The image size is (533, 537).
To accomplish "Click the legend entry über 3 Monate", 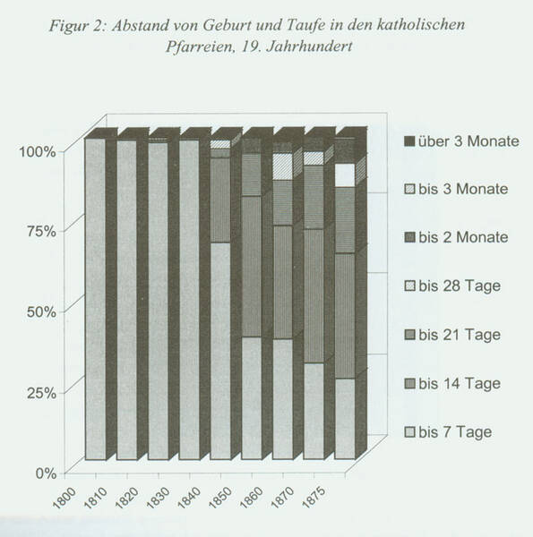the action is click(x=461, y=141).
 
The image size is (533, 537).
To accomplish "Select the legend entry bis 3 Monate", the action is click(x=456, y=189).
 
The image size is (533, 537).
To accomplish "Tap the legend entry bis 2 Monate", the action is click(x=456, y=237).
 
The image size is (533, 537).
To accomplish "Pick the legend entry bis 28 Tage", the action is click(x=452, y=286).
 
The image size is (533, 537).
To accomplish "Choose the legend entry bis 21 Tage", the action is click(x=452, y=335).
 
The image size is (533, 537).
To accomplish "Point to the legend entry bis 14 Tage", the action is click(x=452, y=384).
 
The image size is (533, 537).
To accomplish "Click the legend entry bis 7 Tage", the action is click(x=448, y=432).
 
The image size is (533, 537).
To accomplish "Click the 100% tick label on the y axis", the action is click(x=37, y=151).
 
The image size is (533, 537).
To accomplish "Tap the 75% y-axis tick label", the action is click(x=41, y=232).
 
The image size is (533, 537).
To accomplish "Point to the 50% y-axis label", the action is click(x=41, y=312).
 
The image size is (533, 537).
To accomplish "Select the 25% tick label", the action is click(x=41, y=393).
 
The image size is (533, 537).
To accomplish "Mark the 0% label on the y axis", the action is click(x=46, y=473).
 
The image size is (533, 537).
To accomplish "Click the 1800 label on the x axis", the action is click(x=64, y=498).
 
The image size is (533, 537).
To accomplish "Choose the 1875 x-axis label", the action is click(x=314, y=498).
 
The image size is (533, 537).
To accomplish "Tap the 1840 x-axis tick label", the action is click(x=189, y=498).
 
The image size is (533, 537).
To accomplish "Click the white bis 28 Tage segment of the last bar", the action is click(x=345, y=175).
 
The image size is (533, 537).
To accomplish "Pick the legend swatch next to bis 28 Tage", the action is click(x=409, y=286).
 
